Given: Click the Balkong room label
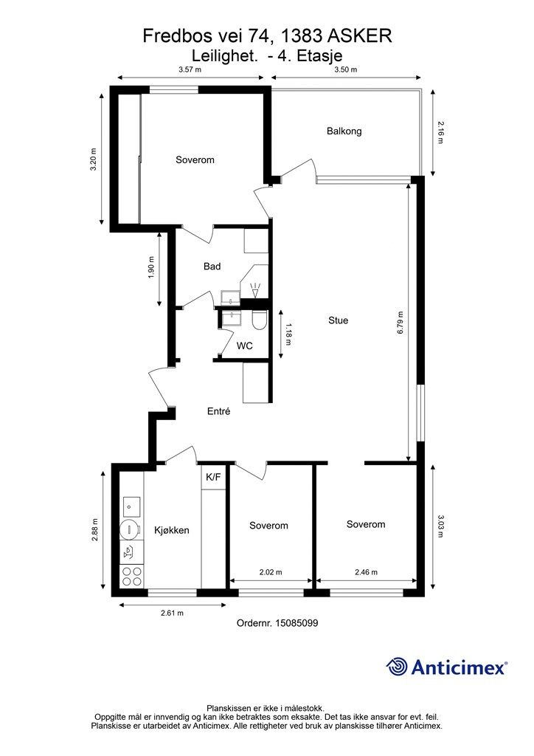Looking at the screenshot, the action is (344, 131).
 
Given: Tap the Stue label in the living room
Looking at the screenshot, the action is (338, 320).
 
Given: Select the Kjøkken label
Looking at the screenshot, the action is (171, 530).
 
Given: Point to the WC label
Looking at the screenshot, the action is (245, 346).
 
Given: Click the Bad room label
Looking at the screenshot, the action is (212, 266).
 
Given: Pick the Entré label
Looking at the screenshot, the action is (218, 411).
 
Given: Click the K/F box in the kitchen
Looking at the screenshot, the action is (213, 478).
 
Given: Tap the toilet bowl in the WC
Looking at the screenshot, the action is (259, 320).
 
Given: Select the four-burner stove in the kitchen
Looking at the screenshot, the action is (131, 576).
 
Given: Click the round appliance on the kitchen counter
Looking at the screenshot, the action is (130, 529).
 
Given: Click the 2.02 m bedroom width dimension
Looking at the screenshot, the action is (271, 572).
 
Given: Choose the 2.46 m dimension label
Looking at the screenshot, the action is (366, 572).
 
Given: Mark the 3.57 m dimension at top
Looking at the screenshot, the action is (190, 69).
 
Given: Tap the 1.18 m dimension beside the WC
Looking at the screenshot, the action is (288, 334).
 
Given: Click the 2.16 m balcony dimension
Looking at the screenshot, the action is (440, 131).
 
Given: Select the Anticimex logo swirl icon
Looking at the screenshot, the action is (397, 667).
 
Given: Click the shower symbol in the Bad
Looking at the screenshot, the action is (255, 290).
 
